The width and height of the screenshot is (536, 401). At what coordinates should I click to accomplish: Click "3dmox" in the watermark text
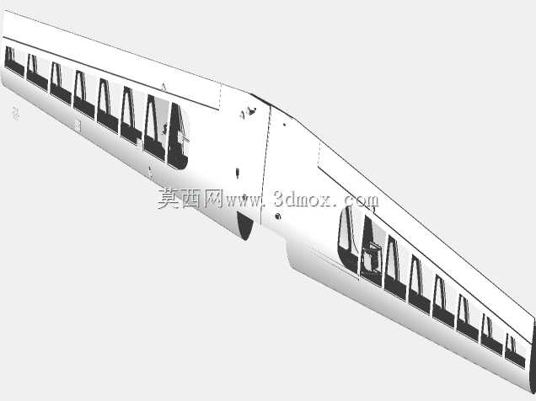[303, 199]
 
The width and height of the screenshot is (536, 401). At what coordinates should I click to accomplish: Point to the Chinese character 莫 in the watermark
[169, 199]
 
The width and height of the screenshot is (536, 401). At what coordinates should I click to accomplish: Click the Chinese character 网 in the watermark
[213, 199]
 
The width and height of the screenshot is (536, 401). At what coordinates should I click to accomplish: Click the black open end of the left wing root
[244, 226]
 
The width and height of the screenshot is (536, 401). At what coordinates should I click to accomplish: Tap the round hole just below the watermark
[278, 216]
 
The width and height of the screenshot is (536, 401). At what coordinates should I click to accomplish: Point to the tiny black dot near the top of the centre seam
[284, 125]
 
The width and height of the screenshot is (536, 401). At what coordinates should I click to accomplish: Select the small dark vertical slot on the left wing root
[237, 173]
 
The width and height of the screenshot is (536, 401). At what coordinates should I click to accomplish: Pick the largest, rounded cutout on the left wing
[178, 136]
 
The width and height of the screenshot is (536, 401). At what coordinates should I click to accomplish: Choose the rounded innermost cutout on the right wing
[348, 239]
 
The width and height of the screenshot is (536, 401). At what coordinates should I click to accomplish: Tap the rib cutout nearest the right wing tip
[514, 351]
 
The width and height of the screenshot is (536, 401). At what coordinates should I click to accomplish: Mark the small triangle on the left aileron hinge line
[163, 87]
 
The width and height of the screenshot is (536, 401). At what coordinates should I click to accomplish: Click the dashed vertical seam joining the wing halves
[265, 165]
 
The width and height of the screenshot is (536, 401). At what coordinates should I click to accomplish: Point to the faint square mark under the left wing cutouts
[78, 126]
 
